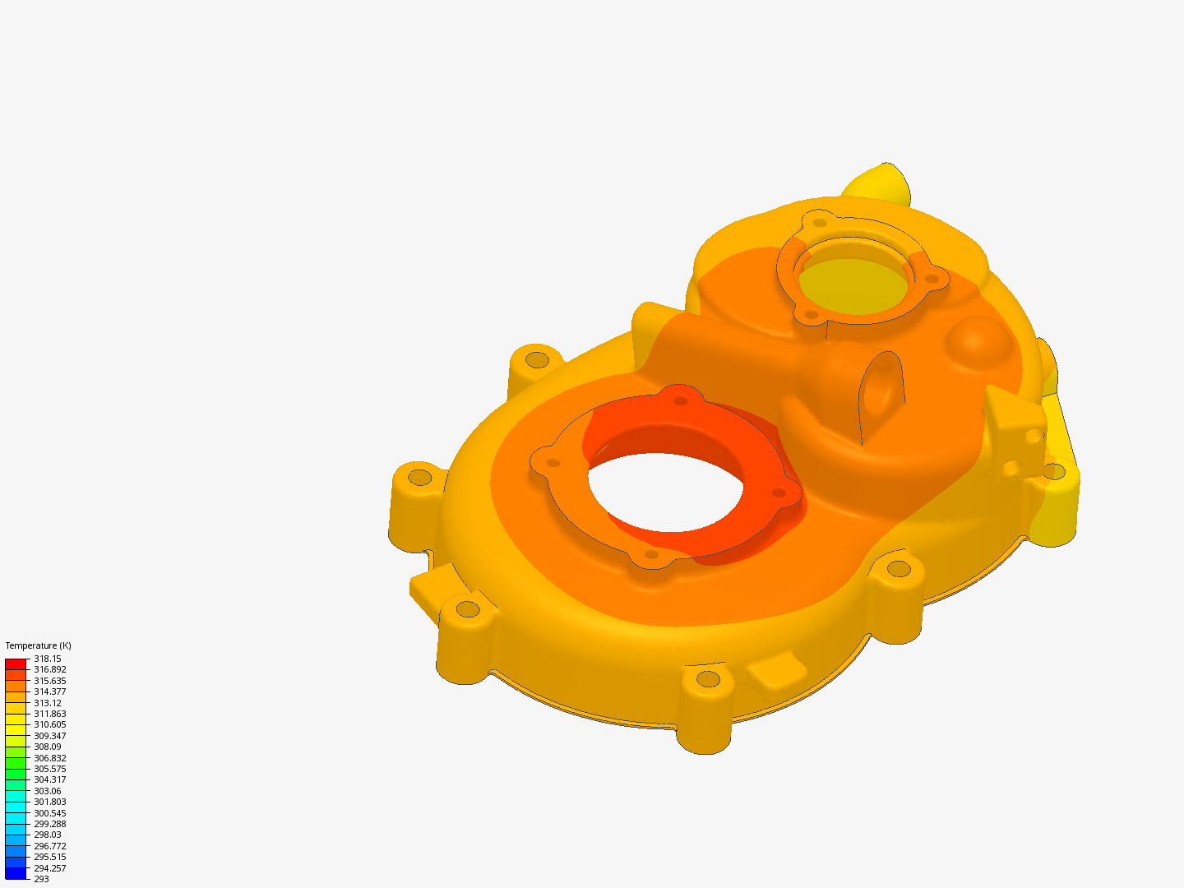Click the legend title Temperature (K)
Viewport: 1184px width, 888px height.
tap(38, 645)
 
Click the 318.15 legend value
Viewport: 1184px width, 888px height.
tap(48, 659)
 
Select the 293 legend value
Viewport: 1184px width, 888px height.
tap(41, 879)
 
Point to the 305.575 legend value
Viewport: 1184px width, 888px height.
tap(49, 769)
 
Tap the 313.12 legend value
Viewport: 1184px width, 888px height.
tap(48, 703)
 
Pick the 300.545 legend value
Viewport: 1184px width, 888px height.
tap(49, 813)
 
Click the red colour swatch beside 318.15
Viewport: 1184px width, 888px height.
tap(16, 664)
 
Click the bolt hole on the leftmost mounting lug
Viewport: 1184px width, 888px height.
tap(419, 477)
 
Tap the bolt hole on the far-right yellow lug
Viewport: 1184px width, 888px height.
tap(1052, 472)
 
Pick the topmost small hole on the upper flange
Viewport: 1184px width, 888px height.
tap(819, 222)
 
